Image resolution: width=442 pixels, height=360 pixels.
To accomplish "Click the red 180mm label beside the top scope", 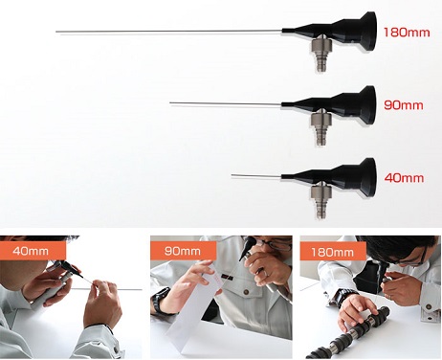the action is [x=407, y=33].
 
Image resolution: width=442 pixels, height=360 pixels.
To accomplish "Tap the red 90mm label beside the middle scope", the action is [x=404, y=105].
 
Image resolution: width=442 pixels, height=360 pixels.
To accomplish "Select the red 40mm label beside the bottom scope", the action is [x=404, y=178].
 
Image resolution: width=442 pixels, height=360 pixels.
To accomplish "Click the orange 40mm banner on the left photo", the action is [x=33, y=251].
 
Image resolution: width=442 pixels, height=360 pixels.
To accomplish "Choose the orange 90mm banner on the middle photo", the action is [x=183, y=251].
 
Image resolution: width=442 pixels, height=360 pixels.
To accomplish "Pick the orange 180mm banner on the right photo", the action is [x=333, y=253].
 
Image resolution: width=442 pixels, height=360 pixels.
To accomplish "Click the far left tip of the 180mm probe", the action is [x=56, y=32].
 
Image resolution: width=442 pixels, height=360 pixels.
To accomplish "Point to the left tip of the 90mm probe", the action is [x=170, y=102].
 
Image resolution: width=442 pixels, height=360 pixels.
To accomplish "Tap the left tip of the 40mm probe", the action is [x=232, y=175].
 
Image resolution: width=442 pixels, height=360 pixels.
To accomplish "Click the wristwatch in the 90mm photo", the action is [x=159, y=301].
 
